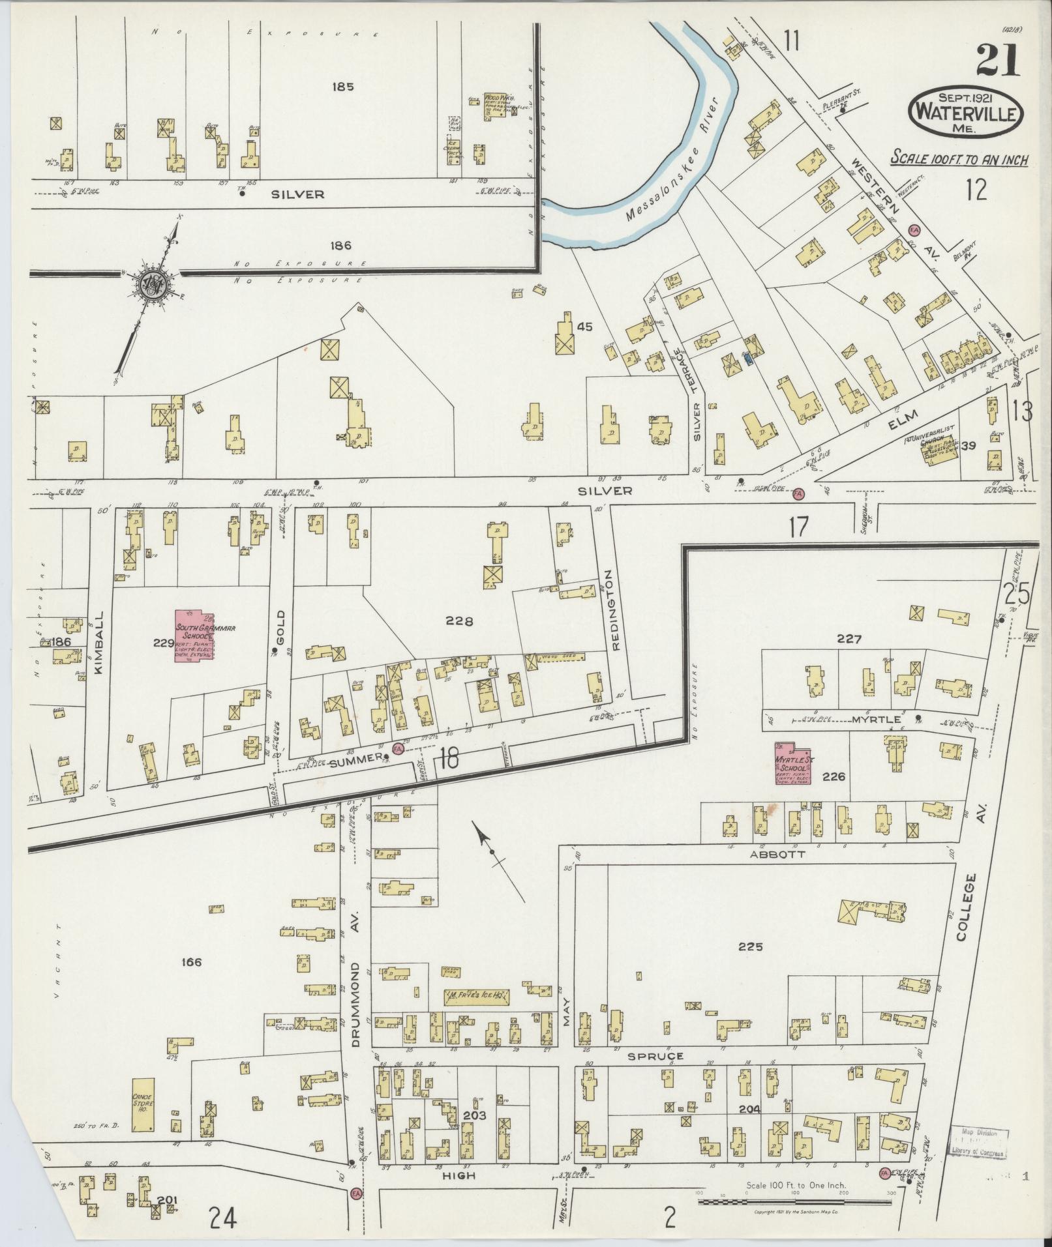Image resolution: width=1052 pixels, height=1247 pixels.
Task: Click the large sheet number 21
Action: pyautogui.click(x=999, y=62)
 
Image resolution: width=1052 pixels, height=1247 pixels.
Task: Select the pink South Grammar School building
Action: pyautogui.click(x=194, y=636)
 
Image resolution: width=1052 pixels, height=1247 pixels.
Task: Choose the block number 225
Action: pyautogui.click(x=751, y=947)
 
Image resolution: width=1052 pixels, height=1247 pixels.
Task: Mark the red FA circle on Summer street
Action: pyautogui.click(x=397, y=749)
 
